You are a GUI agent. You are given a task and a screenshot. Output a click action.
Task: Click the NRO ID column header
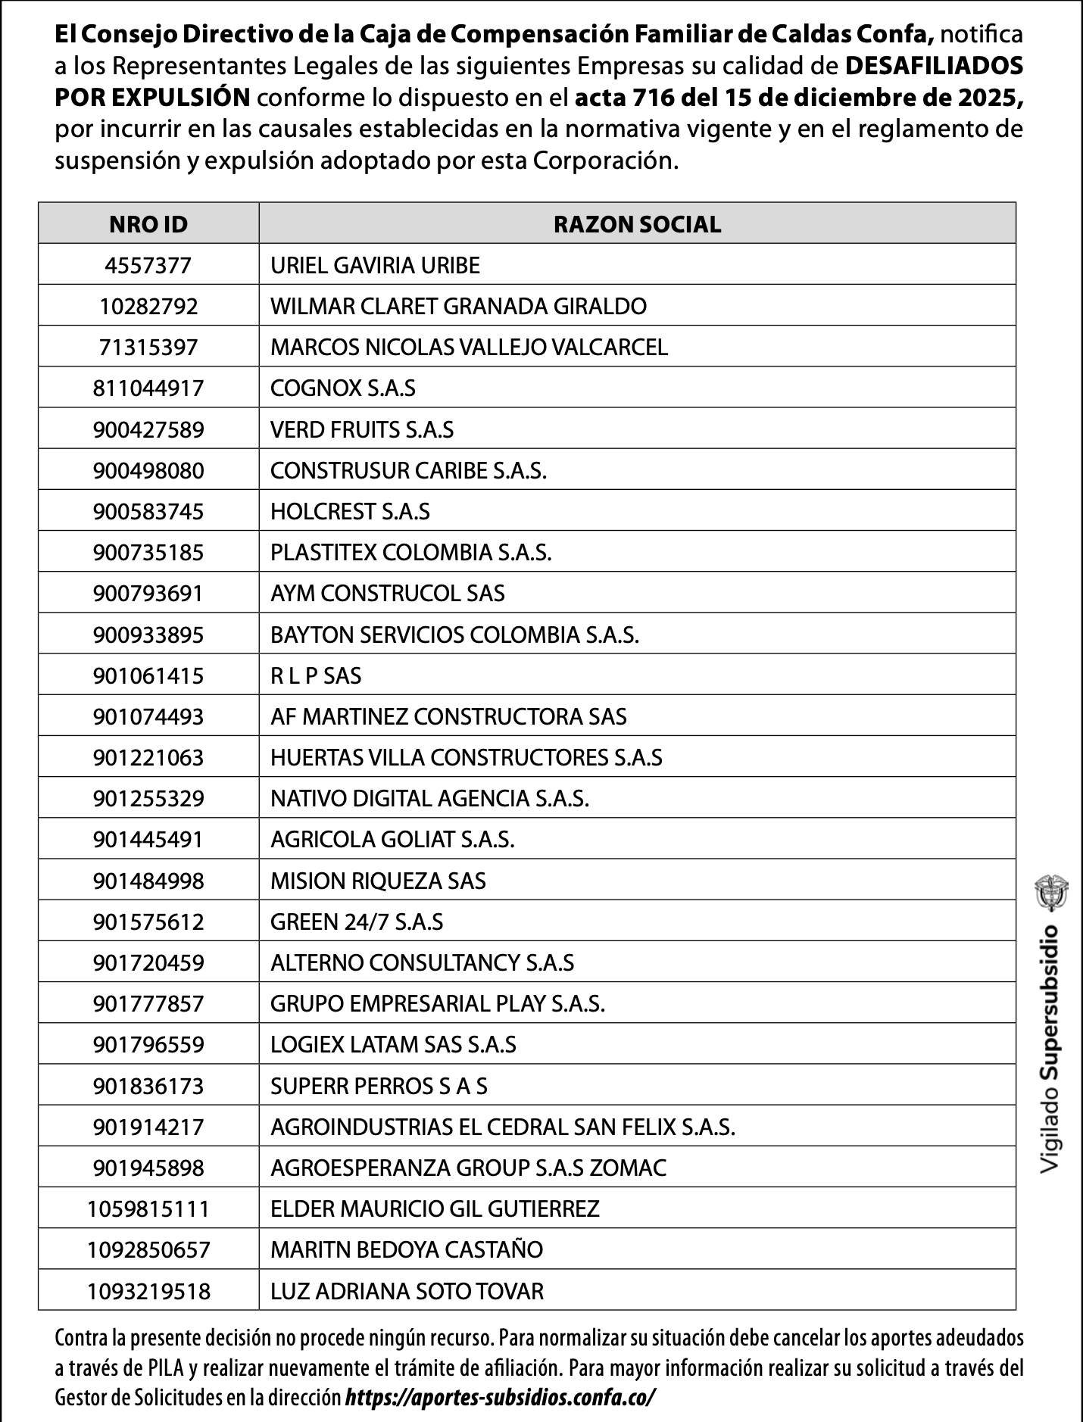148,224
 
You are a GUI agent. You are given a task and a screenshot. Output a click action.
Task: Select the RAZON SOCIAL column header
637,224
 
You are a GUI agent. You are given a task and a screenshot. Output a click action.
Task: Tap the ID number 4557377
148,266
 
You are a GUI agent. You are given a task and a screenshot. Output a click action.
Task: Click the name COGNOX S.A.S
343,388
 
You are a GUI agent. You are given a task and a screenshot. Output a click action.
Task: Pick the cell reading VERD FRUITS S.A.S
362,430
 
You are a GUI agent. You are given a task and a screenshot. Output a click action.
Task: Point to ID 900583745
148,512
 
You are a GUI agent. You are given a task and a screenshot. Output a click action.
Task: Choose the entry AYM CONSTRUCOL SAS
388,594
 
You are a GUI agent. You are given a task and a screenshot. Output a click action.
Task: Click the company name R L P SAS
316,675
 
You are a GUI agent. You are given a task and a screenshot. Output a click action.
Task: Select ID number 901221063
148,758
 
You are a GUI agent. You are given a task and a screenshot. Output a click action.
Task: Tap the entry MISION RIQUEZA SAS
378,881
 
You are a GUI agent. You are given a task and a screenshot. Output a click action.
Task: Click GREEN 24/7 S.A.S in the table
357,921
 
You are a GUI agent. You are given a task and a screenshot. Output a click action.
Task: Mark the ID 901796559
148,1045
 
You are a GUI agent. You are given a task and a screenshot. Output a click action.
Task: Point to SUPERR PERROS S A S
379,1087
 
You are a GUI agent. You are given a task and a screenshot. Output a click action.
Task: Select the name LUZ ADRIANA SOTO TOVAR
407,1291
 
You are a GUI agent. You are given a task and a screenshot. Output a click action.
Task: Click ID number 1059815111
148,1209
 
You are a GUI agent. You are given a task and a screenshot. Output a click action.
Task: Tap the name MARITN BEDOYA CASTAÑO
407,1250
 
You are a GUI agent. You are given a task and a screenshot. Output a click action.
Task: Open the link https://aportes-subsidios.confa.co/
500,1398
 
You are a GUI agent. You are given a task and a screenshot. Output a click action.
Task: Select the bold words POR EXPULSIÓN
152,98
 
